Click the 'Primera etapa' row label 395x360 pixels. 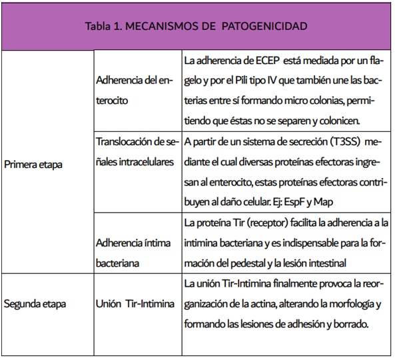(33, 164)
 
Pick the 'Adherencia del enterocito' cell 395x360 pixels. (134, 91)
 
